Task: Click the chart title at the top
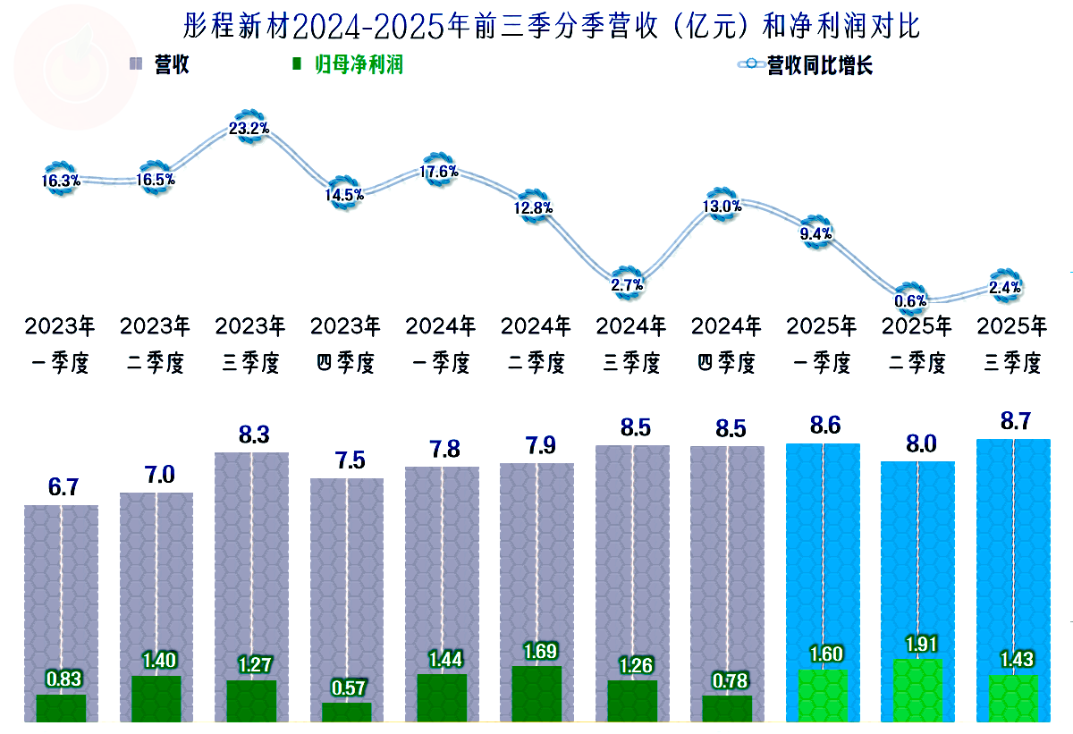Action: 551,25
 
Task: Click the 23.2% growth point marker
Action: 249,129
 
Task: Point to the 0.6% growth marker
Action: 912,300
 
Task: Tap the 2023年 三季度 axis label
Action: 250,344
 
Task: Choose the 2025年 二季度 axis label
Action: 917,344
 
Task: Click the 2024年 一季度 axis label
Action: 440,344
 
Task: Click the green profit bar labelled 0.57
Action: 346,712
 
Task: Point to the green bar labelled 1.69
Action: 536,694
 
